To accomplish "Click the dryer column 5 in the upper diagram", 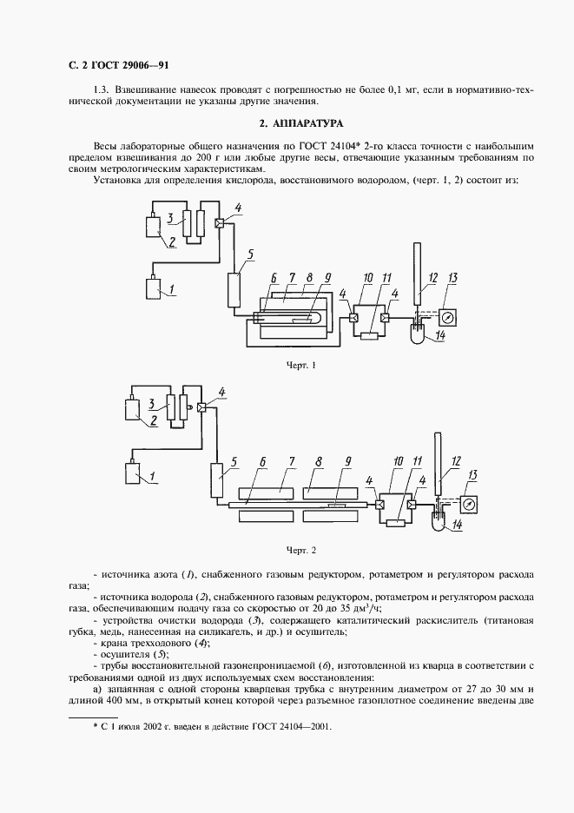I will click(x=234, y=288).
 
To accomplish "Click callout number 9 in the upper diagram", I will click(x=327, y=278).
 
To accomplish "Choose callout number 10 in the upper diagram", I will click(x=368, y=278).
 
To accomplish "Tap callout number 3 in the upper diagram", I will click(x=172, y=217).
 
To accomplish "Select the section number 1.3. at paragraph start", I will click(x=100, y=90).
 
